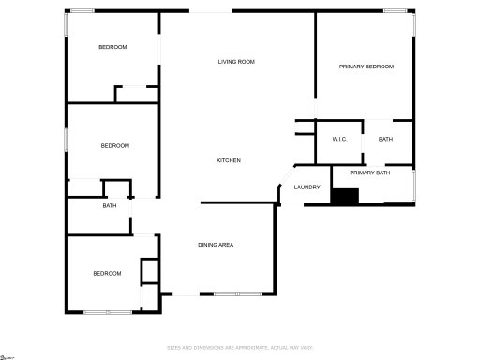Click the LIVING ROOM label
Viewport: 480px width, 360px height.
236,62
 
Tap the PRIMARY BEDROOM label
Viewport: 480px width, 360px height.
367,67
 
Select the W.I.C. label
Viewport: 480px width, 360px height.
339,140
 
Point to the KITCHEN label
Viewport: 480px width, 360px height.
229,160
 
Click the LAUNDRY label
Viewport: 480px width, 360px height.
307,187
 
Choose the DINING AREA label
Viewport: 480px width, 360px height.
216,245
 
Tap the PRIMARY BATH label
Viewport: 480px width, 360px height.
369,172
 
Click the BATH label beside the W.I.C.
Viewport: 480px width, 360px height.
386,140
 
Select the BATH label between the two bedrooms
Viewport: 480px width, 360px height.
110,206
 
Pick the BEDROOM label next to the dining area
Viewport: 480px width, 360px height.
107,273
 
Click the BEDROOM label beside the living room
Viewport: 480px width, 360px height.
113,47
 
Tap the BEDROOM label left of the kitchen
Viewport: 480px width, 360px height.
114,145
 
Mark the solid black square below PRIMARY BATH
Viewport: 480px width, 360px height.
346,196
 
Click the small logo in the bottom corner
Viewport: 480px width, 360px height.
8,355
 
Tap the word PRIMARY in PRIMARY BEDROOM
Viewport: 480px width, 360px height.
352,67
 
